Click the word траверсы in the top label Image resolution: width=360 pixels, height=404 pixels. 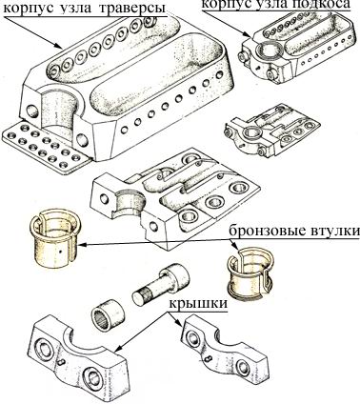point(133,9)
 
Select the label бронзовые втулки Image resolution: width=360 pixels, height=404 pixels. point(294,232)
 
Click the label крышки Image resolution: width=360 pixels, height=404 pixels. point(198,303)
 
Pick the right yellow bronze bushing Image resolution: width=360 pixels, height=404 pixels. point(250,274)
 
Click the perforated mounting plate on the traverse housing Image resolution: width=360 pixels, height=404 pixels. point(45,145)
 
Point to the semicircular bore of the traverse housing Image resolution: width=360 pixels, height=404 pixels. point(60,116)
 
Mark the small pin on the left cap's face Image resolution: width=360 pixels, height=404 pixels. point(63,361)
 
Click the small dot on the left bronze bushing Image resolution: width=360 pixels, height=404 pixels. point(60,251)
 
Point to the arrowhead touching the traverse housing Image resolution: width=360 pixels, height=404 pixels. point(58,45)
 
